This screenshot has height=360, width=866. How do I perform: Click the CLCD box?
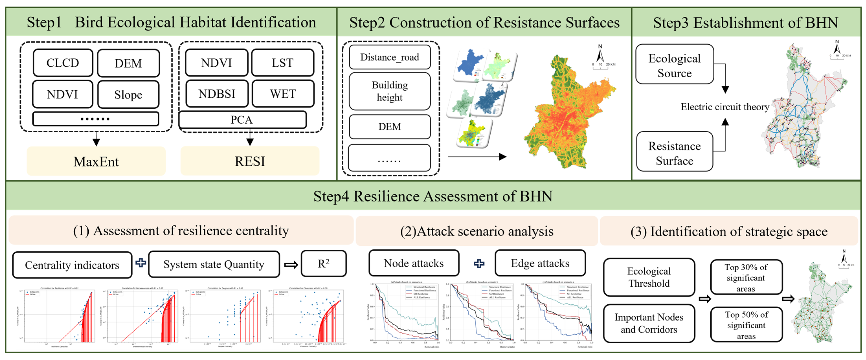click(x=63, y=63)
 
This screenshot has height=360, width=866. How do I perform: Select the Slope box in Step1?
click(x=128, y=94)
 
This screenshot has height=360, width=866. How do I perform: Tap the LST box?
click(x=282, y=63)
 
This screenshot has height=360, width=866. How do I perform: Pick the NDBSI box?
click(x=217, y=94)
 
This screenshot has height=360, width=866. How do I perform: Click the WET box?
click(x=283, y=94)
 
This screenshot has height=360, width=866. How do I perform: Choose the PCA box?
click(x=242, y=120)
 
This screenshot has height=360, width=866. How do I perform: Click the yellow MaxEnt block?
click(x=96, y=161)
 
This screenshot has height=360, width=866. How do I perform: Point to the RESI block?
click(x=250, y=161)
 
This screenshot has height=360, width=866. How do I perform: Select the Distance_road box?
click(x=390, y=57)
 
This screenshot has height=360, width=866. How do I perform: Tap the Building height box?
click(x=390, y=91)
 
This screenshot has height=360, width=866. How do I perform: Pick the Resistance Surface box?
click(x=674, y=153)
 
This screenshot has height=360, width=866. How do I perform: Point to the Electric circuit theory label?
click(x=725, y=107)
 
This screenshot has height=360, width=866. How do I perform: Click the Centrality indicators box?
click(x=72, y=265)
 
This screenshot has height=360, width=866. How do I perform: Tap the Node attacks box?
click(x=414, y=263)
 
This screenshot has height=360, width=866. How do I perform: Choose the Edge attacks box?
click(x=540, y=263)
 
